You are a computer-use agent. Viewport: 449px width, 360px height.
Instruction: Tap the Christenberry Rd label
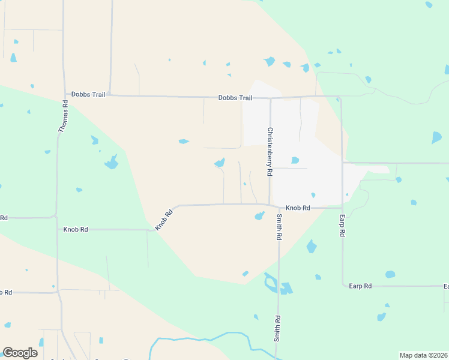pyautogui.click(x=270, y=151)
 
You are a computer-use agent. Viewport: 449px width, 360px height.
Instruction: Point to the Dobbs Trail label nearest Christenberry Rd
pyautogui.click(x=235, y=98)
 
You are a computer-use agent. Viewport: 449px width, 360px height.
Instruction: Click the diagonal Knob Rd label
pyautogui.click(x=164, y=219)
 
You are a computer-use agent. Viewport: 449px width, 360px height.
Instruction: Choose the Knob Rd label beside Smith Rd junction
pyautogui.click(x=298, y=208)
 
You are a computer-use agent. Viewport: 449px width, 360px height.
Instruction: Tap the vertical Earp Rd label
pyautogui.click(x=342, y=225)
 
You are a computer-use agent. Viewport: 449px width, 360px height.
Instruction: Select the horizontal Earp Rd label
pyautogui.click(x=360, y=286)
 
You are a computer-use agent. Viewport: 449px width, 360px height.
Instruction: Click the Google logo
pyautogui.click(x=20, y=353)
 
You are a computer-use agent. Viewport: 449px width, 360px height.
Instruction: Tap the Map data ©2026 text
pyautogui.click(x=423, y=355)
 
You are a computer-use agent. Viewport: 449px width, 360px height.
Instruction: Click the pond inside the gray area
pyautogui.click(x=295, y=160)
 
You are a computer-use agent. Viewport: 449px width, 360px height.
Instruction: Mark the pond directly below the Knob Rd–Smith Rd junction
pyautogui.click(x=259, y=216)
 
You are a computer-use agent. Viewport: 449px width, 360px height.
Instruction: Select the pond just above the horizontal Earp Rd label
pyautogui.click(x=390, y=274)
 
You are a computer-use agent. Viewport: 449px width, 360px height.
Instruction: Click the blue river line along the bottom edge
pyautogui.click(x=198, y=340)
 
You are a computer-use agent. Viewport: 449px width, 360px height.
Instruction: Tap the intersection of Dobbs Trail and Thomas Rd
pyautogui.click(x=65, y=95)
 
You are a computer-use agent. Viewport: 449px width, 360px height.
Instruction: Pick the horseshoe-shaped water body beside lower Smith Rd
pyautogui.click(x=270, y=283)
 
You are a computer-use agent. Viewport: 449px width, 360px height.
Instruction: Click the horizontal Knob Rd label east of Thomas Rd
pyautogui.click(x=76, y=229)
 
